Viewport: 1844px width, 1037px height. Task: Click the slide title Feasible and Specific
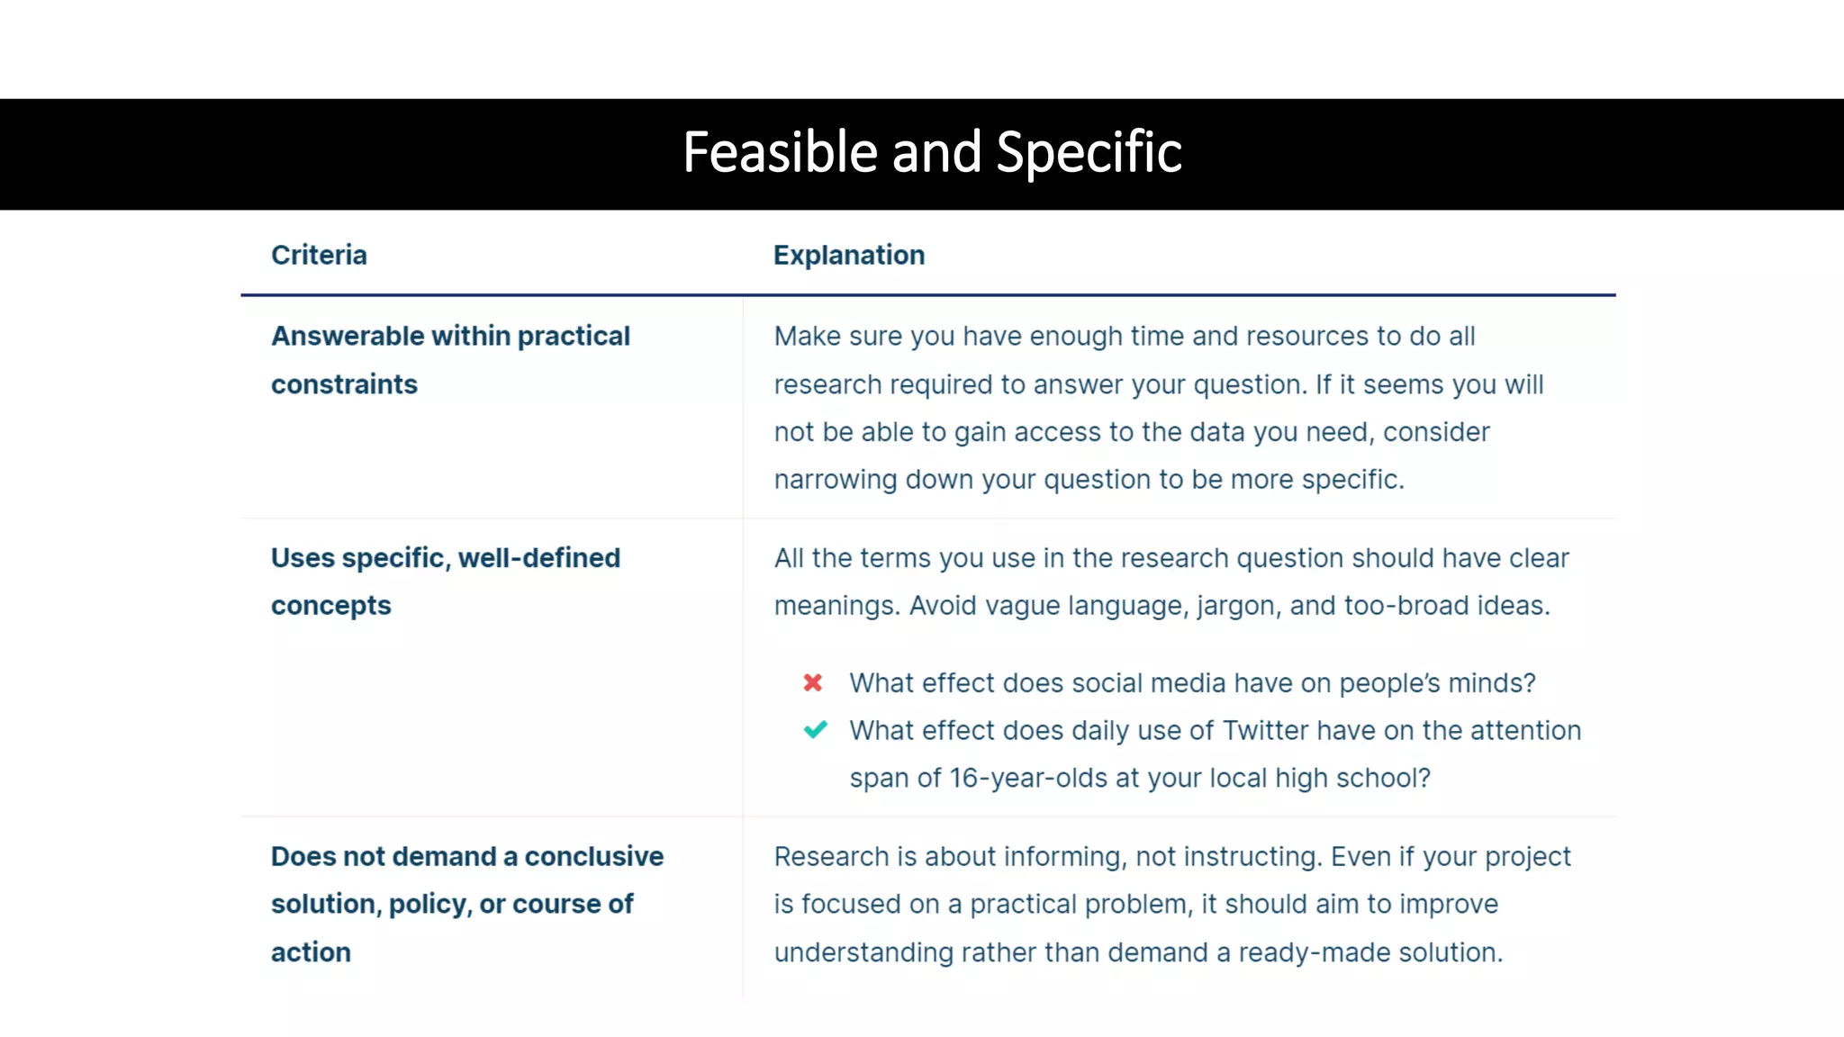click(x=932, y=152)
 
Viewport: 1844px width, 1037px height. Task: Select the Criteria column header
click(x=319, y=255)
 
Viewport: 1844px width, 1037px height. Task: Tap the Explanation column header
click(x=848, y=255)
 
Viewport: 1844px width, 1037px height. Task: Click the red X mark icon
click(x=813, y=683)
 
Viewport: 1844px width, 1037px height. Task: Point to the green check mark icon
click(x=815, y=730)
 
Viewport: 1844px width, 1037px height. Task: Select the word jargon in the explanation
click(x=1237, y=606)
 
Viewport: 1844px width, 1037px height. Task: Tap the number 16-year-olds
click(x=1028, y=778)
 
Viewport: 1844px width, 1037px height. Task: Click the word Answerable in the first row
click(x=348, y=336)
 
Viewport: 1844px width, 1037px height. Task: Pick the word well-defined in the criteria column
click(x=538, y=558)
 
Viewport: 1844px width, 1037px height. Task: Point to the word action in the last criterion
click(x=311, y=951)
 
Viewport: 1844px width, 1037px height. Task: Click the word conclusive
click(x=593, y=856)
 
